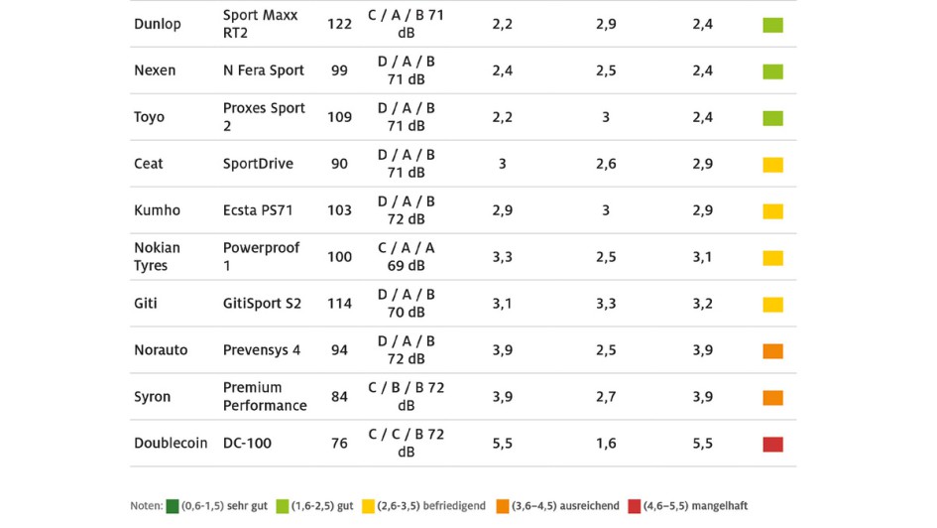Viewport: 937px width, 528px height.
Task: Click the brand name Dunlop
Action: [158, 24]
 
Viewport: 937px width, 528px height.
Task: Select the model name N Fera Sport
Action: [263, 70]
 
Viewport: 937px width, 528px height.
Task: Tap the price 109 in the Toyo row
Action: [339, 117]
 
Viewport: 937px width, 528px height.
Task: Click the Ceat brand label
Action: [149, 164]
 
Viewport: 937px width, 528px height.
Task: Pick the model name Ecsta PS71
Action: [258, 210]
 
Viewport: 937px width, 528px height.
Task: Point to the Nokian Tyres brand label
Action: [158, 257]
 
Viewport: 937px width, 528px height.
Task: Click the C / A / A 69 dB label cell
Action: [406, 257]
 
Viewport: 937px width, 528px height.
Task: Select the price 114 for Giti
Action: [339, 304]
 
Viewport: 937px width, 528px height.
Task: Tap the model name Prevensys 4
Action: [262, 350]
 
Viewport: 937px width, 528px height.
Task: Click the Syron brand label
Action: [153, 397]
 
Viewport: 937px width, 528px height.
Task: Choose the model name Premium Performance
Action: [265, 397]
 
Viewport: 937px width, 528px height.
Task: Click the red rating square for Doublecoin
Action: [772, 445]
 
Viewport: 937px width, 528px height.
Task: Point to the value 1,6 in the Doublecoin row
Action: [606, 444]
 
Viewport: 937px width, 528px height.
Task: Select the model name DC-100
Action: [247, 444]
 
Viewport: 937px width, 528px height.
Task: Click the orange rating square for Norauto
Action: [772, 351]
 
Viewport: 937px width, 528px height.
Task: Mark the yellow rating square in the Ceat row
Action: [772, 165]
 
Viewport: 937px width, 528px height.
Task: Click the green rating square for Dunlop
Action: [772, 25]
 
